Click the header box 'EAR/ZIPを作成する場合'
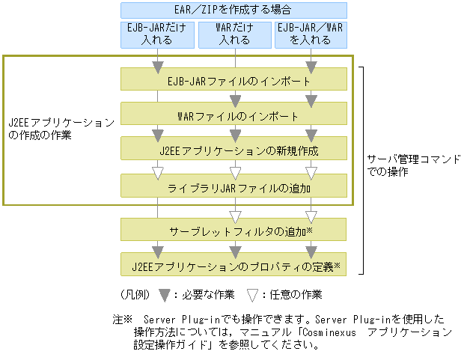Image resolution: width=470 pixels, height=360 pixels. tap(234, 10)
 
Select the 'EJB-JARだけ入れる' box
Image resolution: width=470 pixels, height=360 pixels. tap(157, 34)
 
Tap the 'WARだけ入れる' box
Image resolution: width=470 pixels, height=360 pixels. tap(234, 34)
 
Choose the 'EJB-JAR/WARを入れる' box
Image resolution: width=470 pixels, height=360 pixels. tap(311, 34)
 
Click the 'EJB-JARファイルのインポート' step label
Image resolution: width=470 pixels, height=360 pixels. tap(234, 80)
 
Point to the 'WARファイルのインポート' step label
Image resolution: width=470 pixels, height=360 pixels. tap(234, 116)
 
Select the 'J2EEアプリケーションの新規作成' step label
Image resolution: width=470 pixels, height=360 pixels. tap(234, 150)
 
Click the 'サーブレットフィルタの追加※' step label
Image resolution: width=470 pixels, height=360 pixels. tap(234, 231)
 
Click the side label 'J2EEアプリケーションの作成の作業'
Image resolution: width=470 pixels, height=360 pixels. tap(61, 128)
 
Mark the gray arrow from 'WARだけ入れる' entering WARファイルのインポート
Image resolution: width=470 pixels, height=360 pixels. tap(235, 100)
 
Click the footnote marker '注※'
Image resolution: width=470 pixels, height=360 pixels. tap(123, 318)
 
